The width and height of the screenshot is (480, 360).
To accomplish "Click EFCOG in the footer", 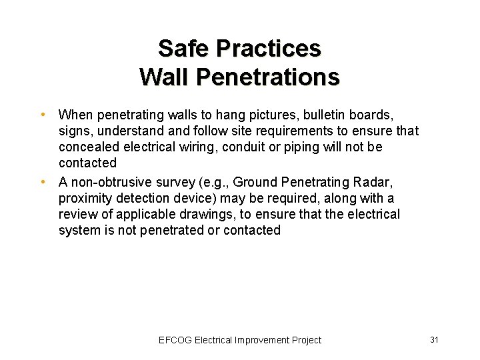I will coord(175,340).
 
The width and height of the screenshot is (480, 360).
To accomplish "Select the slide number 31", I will coord(434,340).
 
